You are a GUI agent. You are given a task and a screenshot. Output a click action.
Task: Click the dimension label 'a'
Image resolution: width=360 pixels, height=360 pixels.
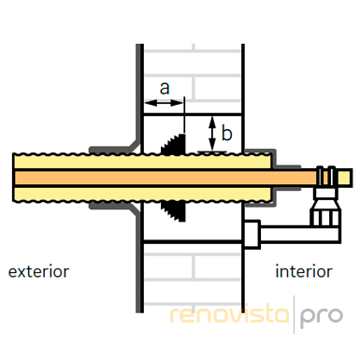[165, 88]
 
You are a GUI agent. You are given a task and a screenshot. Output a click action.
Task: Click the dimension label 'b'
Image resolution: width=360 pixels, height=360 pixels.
[226, 132]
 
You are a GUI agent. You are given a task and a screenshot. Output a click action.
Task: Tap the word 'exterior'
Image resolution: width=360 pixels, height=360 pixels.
[38, 271]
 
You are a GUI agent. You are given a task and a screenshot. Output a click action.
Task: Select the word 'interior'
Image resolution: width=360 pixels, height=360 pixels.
[304, 271]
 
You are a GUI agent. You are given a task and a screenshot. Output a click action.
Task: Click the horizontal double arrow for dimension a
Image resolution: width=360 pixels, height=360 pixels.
[164, 103]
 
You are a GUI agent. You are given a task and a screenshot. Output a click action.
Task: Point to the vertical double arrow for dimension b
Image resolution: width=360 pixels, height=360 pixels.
[212, 133]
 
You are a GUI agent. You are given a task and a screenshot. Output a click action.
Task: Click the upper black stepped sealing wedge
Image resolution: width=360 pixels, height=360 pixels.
[174, 144]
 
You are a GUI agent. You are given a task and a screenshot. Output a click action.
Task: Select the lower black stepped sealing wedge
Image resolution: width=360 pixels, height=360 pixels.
[174, 211]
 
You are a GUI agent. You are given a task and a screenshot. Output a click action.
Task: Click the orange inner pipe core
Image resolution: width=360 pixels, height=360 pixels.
[166, 178]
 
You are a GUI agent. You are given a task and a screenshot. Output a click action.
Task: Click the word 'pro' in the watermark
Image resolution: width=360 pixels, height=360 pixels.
[322, 317]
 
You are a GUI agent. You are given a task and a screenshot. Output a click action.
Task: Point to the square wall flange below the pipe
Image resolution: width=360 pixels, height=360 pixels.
[252, 235]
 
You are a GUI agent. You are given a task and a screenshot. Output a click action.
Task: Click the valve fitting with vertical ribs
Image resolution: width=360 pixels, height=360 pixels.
[325, 213]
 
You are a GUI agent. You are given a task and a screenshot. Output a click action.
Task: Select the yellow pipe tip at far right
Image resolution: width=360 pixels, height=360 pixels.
[345, 178]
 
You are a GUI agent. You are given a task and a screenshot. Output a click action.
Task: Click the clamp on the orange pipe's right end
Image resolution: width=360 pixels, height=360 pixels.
[325, 177]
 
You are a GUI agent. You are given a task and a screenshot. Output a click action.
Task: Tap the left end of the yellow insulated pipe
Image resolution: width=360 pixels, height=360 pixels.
[14, 178]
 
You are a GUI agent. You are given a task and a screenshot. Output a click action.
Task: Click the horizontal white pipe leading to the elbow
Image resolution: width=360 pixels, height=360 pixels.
[299, 234]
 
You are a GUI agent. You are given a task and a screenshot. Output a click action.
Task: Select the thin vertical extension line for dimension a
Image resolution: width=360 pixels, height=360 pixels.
[184, 115]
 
